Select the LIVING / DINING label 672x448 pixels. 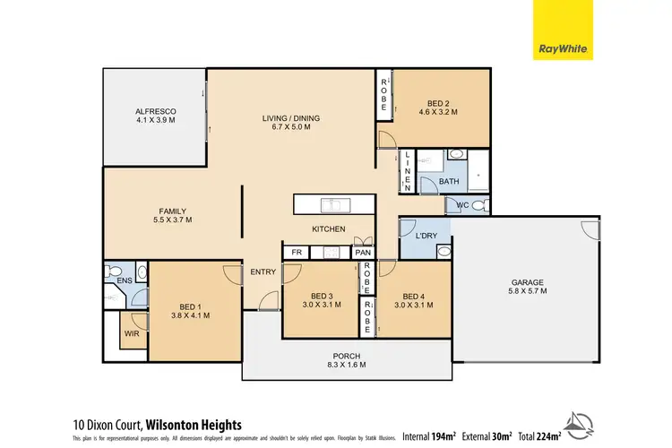(x=290, y=118)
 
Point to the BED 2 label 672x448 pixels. (x=438, y=105)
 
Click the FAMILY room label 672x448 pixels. (x=172, y=211)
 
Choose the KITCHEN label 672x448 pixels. (x=328, y=229)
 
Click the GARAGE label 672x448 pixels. (x=527, y=282)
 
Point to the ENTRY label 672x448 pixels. (x=263, y=272)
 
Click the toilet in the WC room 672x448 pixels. (x=479, y=206)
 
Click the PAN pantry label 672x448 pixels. (x=362, y=253)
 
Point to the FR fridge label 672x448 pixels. (x=296, y=253)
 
